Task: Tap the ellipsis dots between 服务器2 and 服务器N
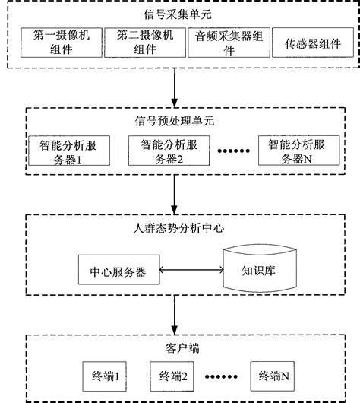click(x=228, y=151)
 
